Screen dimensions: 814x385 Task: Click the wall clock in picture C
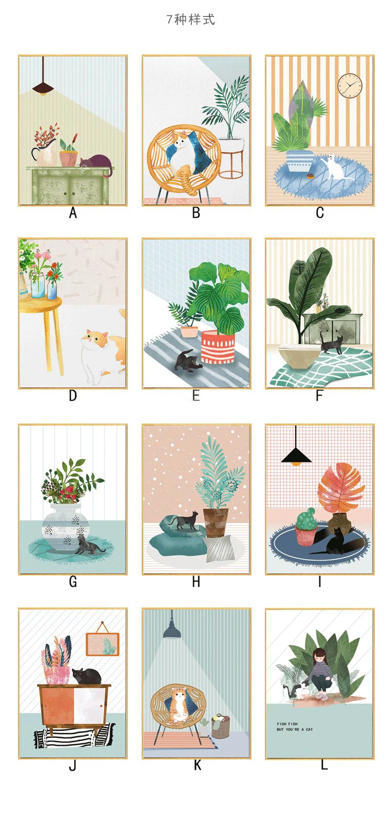coord(350,85)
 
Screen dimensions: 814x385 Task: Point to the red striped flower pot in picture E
coord(217,347)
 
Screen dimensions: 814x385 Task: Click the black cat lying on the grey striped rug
coord(187,361)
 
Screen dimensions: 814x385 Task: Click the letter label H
coord(196,582)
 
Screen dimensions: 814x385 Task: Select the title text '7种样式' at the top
coord(190,20)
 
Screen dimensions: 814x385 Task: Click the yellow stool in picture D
coord(43,329)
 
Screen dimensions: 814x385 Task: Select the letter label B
coord(196,212)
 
